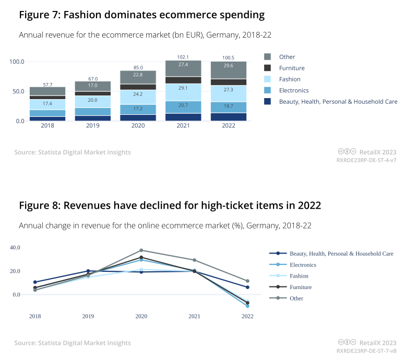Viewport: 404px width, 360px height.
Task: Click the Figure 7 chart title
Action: click(141, 15)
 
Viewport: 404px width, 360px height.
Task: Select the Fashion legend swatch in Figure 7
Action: click(268, 79)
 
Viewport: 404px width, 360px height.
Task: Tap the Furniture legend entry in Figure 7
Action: click(292, 68)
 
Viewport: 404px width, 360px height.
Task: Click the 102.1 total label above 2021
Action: click(183, 57)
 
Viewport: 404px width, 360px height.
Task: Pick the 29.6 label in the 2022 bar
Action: click(228, 66)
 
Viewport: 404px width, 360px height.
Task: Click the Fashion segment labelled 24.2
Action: click(138, 95)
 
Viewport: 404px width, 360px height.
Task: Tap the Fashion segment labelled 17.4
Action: click(47, 104)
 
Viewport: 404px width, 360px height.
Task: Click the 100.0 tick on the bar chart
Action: click(17, 62)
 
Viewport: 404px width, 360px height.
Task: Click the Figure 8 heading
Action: click(170, 206)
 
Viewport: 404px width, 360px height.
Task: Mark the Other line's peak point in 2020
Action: click(141, 250)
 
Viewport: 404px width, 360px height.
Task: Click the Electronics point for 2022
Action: click(247, 306)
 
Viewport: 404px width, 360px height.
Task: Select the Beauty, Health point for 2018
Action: click(35, 282)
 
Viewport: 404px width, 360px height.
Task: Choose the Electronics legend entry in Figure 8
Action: click(303, 265)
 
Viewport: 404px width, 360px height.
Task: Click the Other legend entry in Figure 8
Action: click(296, 298)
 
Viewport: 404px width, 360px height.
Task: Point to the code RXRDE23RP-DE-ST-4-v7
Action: click(366, 160)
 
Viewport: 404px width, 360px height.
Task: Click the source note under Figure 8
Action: click(73, 343)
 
